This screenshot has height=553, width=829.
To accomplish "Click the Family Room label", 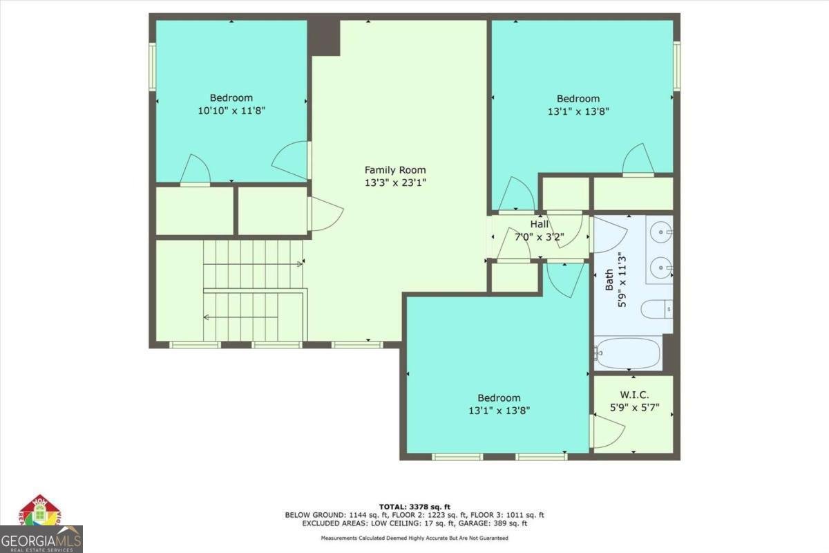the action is pos(395,170).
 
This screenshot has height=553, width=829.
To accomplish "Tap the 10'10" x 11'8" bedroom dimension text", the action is pos(231,111).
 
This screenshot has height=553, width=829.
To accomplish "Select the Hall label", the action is pos(540,224).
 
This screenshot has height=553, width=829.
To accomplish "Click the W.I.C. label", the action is pos(634,395).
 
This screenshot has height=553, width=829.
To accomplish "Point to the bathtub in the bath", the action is pos(627,353).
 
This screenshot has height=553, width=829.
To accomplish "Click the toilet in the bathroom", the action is pos(657,309).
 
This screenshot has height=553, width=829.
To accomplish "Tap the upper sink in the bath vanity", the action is pos(661,232).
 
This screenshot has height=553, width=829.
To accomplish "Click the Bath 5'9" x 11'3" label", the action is pos(616,282).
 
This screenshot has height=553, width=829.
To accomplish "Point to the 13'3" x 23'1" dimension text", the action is pos(395,182).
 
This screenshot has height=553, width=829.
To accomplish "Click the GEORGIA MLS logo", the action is pos(41,539).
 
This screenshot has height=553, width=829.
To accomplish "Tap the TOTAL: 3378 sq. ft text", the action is pos(414,507).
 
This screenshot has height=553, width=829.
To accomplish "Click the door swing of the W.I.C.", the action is pos(609,431).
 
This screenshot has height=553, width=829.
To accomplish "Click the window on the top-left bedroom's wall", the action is pos(153,66).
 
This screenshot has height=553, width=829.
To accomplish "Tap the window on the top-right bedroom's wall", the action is pos(676,66).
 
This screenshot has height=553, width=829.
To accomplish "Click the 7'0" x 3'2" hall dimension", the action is pos(540,236).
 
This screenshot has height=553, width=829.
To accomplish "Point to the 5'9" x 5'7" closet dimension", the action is pos(634,408).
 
